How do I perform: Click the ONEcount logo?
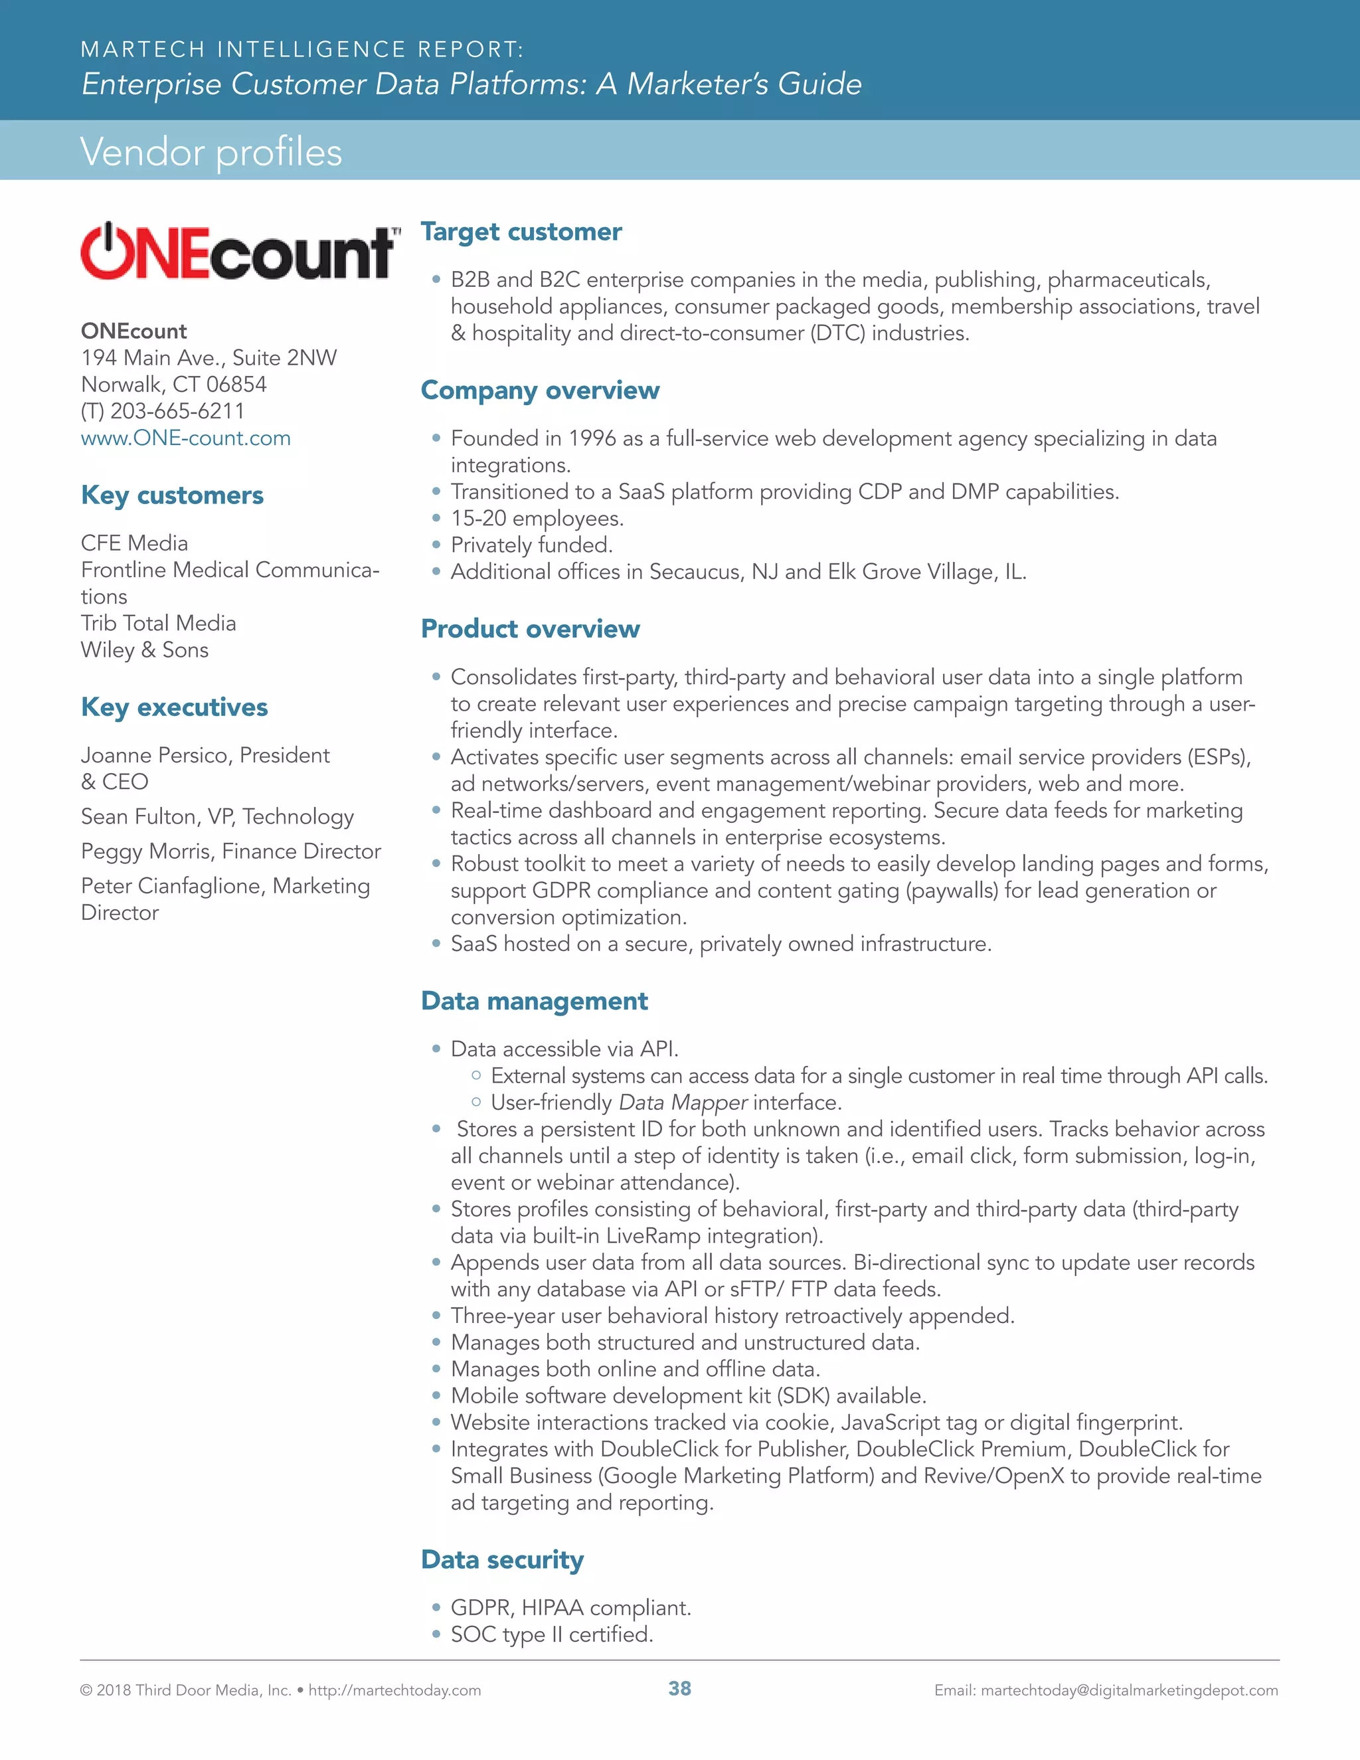click(x=239, y=252)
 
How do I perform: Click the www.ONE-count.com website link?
click(x=185, y=438)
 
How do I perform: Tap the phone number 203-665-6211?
click(x=177, y=411)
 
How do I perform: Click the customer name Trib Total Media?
click(x=158, y=623)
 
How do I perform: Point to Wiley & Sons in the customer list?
click(x=144, y=650)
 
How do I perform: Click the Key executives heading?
click(x=174, y=707)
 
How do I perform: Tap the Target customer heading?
click(x=521, y=231)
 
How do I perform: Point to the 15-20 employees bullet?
click(x=537, y=518)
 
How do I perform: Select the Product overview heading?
click(x=530, y=628)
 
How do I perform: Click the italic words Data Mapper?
click(x=683, y=1102)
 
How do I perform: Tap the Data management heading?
click(x=534, y=1000)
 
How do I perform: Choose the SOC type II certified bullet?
click(x=551, y=1634)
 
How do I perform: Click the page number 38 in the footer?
click(x=679, y=1689)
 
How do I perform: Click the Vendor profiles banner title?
click(x=211, y=151)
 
